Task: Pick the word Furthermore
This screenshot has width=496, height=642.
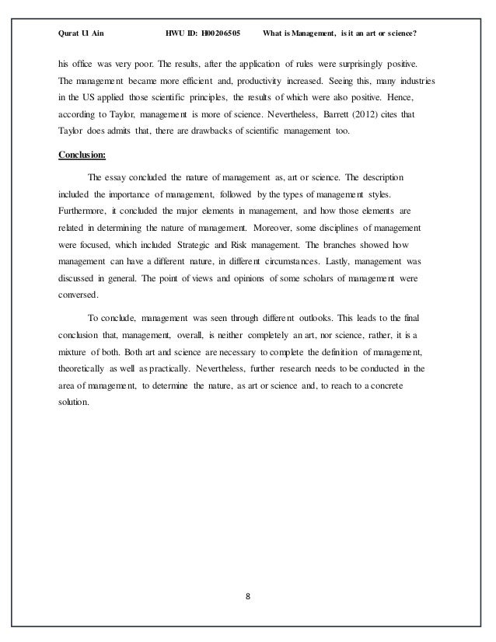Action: (x=83, y=211)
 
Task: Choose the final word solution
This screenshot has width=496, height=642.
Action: (x=75, y=404)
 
